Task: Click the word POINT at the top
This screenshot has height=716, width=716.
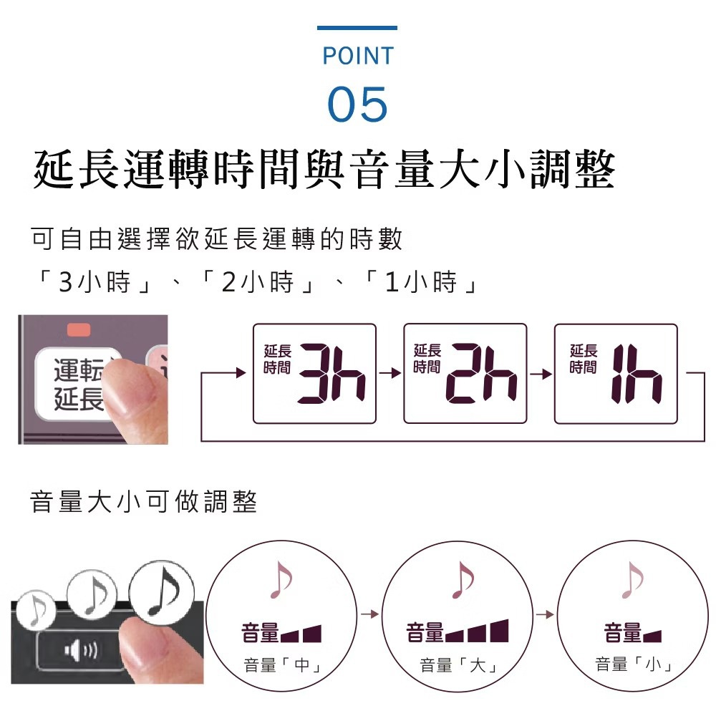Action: click(x=357, y=56)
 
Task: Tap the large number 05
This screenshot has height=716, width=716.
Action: click(x=357, y=104)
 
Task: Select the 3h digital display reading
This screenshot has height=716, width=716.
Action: click(x=332, y=374)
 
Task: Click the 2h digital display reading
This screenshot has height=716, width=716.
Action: click(x=482, y=374)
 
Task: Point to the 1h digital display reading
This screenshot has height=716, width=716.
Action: click(x=637, y=374)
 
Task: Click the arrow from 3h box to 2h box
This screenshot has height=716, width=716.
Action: click(x=390, y=374)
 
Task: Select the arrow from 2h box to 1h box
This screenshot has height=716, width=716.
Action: click(x=541, y=374)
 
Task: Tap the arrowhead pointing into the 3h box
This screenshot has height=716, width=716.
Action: click(x=241, y=372)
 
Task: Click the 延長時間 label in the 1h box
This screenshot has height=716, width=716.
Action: click(x=583, y=359)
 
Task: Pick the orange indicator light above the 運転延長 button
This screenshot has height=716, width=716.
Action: click(x=79, y=329)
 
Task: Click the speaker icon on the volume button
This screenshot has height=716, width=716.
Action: click(x=80, y=650)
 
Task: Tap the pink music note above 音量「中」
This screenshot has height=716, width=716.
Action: click(x=281, y=579)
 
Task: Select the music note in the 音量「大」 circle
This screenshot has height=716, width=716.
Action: click(x=463, y=579)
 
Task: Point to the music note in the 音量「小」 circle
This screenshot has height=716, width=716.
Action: click(x=632, y=579)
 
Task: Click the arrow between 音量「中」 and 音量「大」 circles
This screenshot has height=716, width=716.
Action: click(x=370, y=614)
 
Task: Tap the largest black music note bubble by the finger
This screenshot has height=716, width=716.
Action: click(x=162, y=593)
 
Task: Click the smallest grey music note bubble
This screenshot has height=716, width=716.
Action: click(x=36, y=611)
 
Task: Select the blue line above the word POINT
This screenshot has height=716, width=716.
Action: click(x=357, y=28)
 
